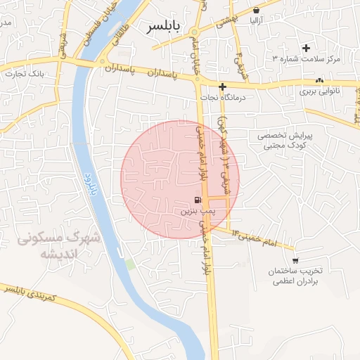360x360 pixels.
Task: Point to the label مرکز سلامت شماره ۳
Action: click(x=305, y=59)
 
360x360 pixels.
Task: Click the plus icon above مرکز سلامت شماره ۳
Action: click(x=305, y=48)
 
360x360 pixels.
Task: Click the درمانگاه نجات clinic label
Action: click(x=221, y=98)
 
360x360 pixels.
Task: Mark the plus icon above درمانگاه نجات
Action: click(x=222, y=87)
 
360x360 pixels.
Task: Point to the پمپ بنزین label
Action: click(x=197, y=210)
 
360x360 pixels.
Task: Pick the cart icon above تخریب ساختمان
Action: click(x=295, y=259)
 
